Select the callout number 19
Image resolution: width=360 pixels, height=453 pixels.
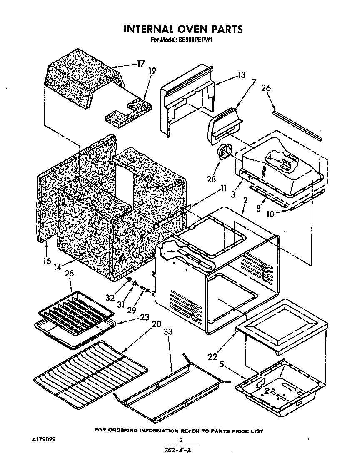point(152,71)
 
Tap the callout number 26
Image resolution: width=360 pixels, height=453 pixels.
point(266,88)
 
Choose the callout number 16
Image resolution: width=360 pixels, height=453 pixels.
point(47,261)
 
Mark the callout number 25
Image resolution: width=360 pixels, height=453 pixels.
point(70,274)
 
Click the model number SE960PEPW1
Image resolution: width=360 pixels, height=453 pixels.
point(195,40)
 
